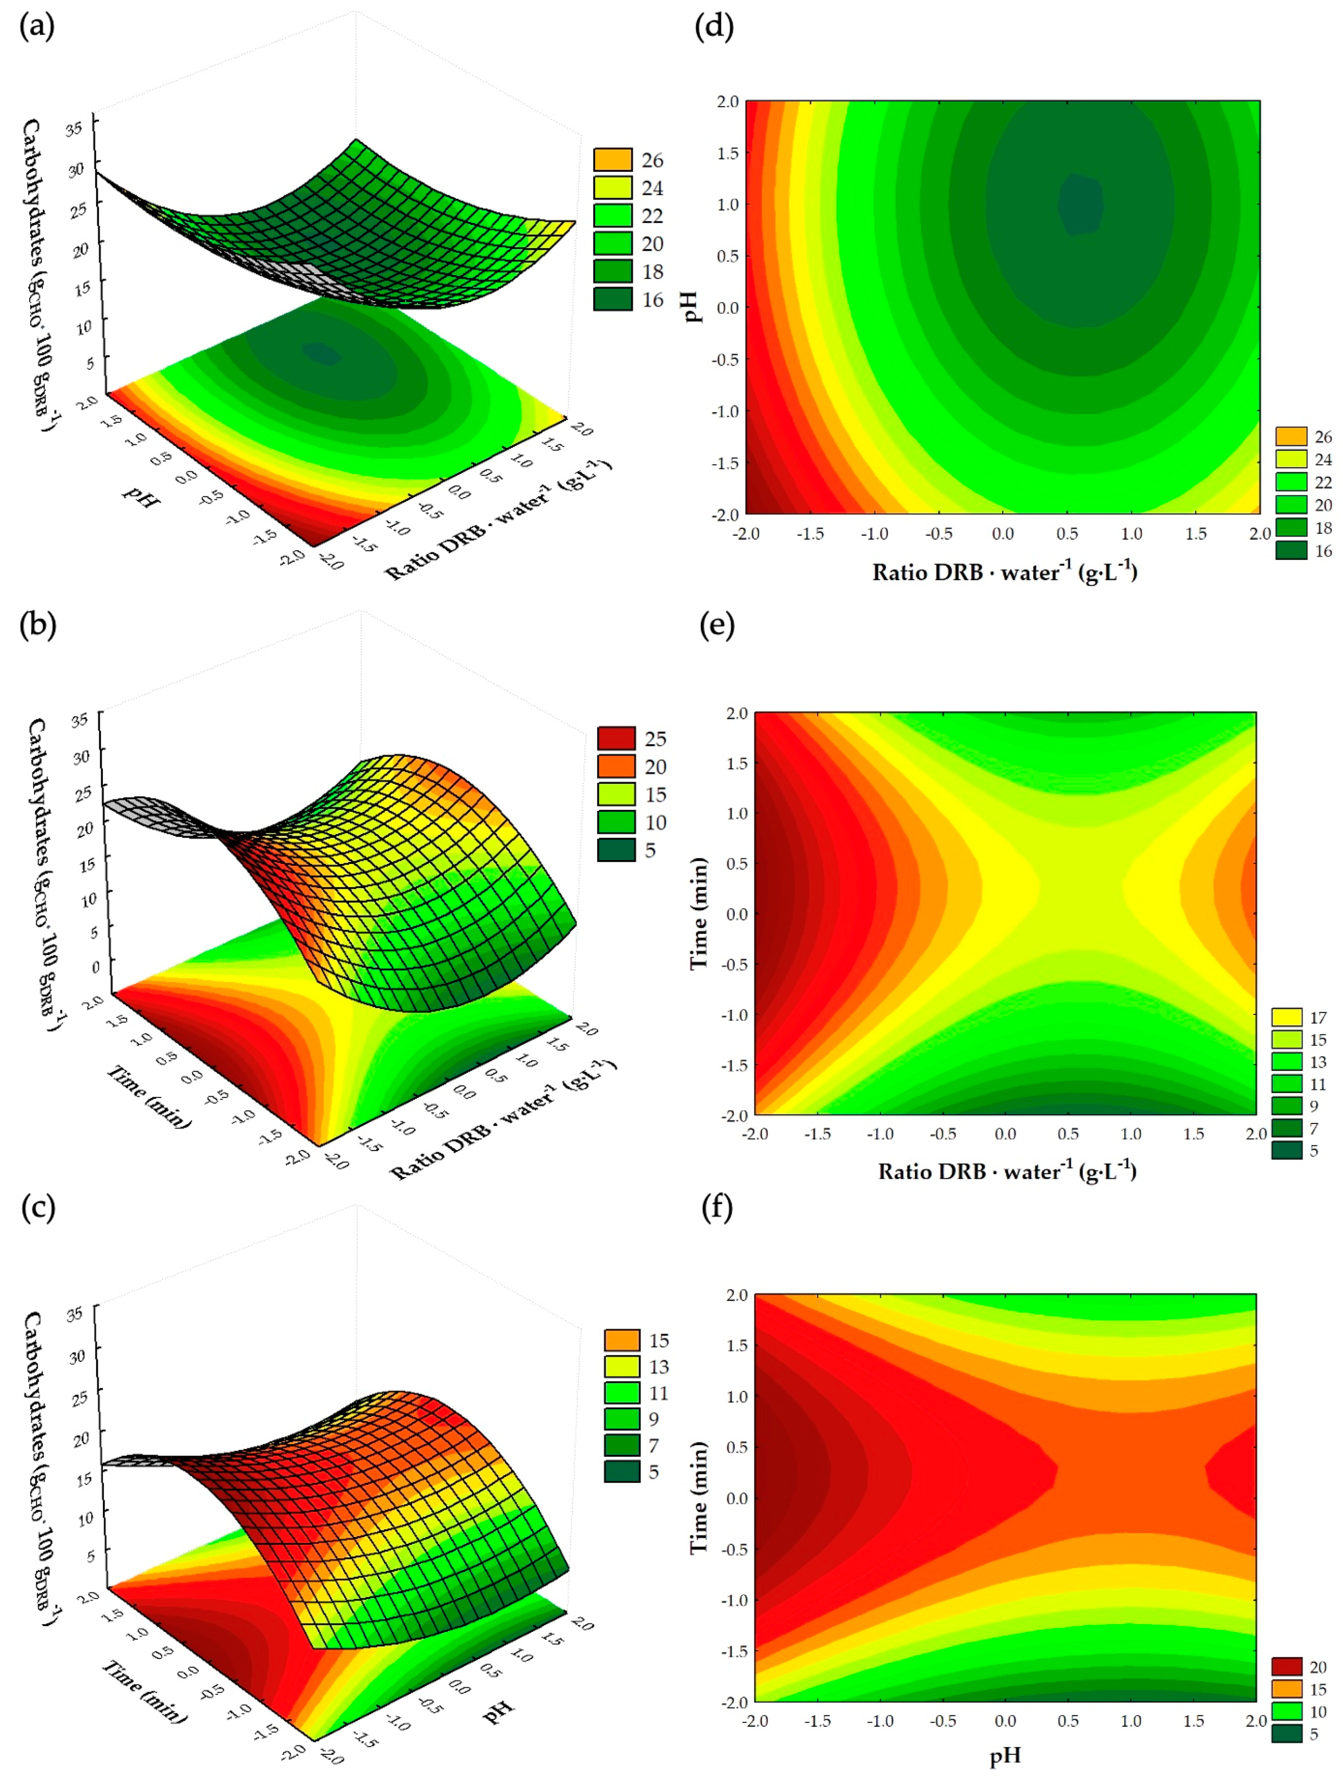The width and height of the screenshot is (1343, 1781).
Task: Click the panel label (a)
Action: [x=37, y=27]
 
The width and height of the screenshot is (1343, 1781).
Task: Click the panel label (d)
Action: [x=714, y=27]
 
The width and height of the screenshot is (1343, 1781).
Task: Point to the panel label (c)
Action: [x=37, y=1207]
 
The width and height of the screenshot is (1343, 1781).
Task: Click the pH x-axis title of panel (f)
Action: [x=1005, y=1755]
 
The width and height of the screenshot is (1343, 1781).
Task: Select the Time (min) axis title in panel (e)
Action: [x=699, y=913]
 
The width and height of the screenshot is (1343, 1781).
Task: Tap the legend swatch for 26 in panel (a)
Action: [x=613, y=159]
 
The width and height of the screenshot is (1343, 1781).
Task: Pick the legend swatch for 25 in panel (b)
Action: [x=616, y=738]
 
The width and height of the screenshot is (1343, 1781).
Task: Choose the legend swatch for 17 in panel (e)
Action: [x=1286, y=1017]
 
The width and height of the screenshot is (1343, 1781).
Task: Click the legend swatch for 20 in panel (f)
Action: [x=1286, y=1667]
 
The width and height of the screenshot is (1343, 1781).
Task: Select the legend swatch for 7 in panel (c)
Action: [x=622, y=1445]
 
